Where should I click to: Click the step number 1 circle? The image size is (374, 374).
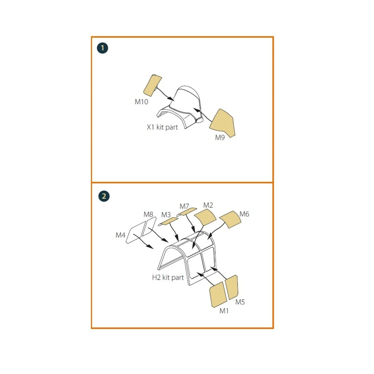pyautogui.click(x=102, y=48)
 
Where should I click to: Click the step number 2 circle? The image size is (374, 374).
pyautogui.click(x=104, y=196)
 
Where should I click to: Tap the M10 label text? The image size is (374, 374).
pyautogui.click(x=141, y=102)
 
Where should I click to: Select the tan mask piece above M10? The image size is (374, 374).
pyautogui.click(x=152, y=85)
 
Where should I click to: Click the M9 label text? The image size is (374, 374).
pyautogui.click(x=220, y=137)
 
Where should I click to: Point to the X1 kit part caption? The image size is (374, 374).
pyautogui.click(x=162, y=127)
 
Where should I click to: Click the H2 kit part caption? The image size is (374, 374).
pyautogui.click(x=168, y=277)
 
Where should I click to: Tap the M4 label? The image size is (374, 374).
pyautogui.click(x=120, y=235)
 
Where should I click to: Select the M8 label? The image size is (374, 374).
pyautogui.click(x=148, y=214)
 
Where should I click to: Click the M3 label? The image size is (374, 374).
pyautogui.click(x=166, y=215)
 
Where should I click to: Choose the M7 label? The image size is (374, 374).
pyautogui.click(x=184, y=206)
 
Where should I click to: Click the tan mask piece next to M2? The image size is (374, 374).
pyautogui.click(x=205, y=218)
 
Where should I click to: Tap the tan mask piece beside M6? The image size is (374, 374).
pyautogui.click(x=230, y=219)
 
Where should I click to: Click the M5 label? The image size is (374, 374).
pyautogui.click(x=240, y=302)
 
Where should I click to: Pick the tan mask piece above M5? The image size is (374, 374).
pyautogui.click(x=232, y=287)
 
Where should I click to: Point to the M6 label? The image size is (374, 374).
pyautogui.click(x=244, y=214)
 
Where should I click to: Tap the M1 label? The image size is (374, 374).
pyautogui.click(x=224, y=311)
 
